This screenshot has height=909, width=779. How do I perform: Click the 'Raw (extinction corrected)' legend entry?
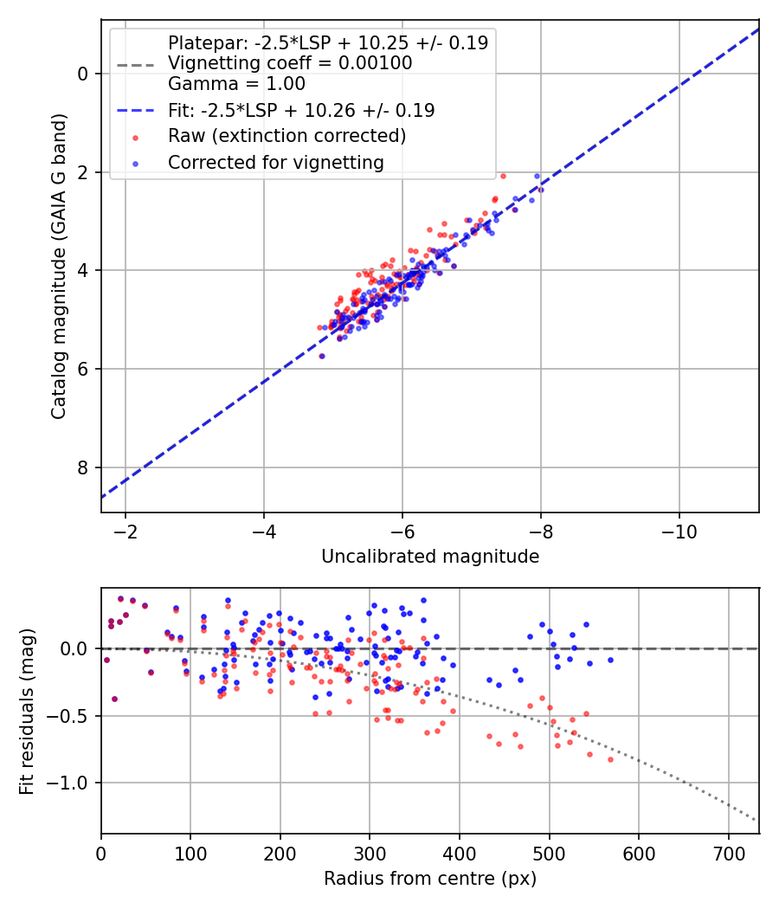(286, 136)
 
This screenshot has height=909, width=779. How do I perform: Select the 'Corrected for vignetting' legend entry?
(276, 163)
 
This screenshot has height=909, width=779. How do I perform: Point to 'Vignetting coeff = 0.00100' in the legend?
(290, 62)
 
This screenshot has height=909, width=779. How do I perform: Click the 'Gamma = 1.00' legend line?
(236, 84)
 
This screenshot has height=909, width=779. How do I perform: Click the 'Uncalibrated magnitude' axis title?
(430, 557)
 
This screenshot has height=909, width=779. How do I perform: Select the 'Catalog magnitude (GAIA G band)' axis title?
(59, 266)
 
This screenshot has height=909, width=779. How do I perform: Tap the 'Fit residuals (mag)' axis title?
(27, 712)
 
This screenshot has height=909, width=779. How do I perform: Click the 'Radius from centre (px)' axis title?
(430, 879)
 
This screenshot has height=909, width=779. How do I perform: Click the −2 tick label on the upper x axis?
(126, 532)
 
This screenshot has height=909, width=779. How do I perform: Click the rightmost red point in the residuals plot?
(610, 759)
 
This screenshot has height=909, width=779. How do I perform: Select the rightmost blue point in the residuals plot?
(610, 661)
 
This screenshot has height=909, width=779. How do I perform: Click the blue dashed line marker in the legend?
(136, 110)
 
